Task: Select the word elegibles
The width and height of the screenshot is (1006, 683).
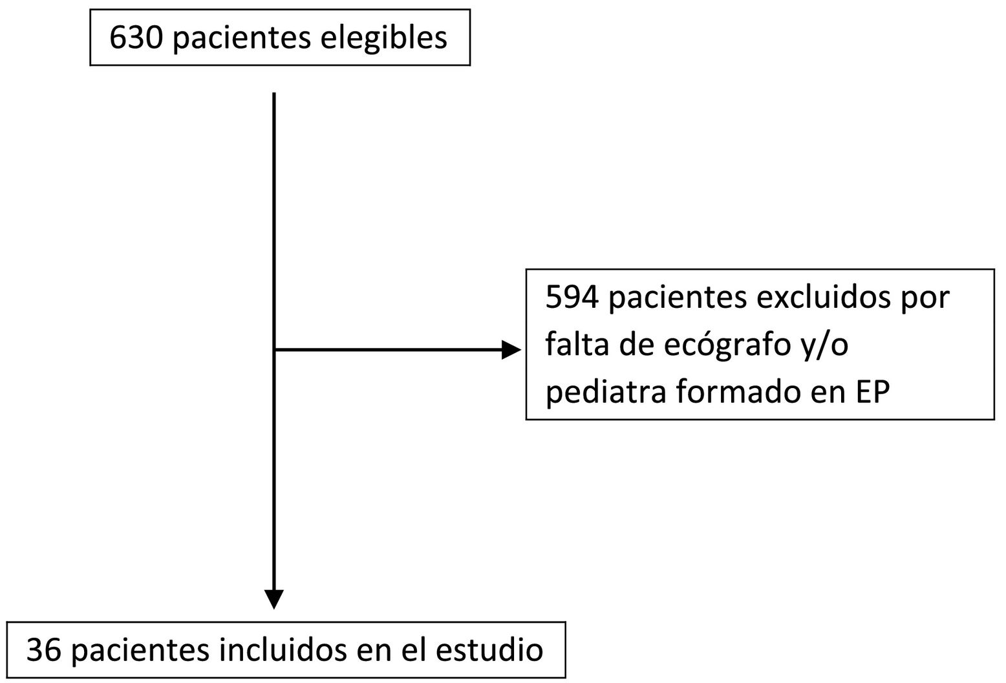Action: point(383,38)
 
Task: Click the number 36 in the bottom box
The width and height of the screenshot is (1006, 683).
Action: point(43,649)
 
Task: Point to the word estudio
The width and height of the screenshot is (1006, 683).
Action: point(489,649)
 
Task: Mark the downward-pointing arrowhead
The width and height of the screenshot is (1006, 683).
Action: point(274,598)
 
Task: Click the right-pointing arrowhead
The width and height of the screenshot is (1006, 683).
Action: point(511,350)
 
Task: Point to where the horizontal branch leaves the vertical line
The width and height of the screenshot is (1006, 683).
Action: point(275,350)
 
